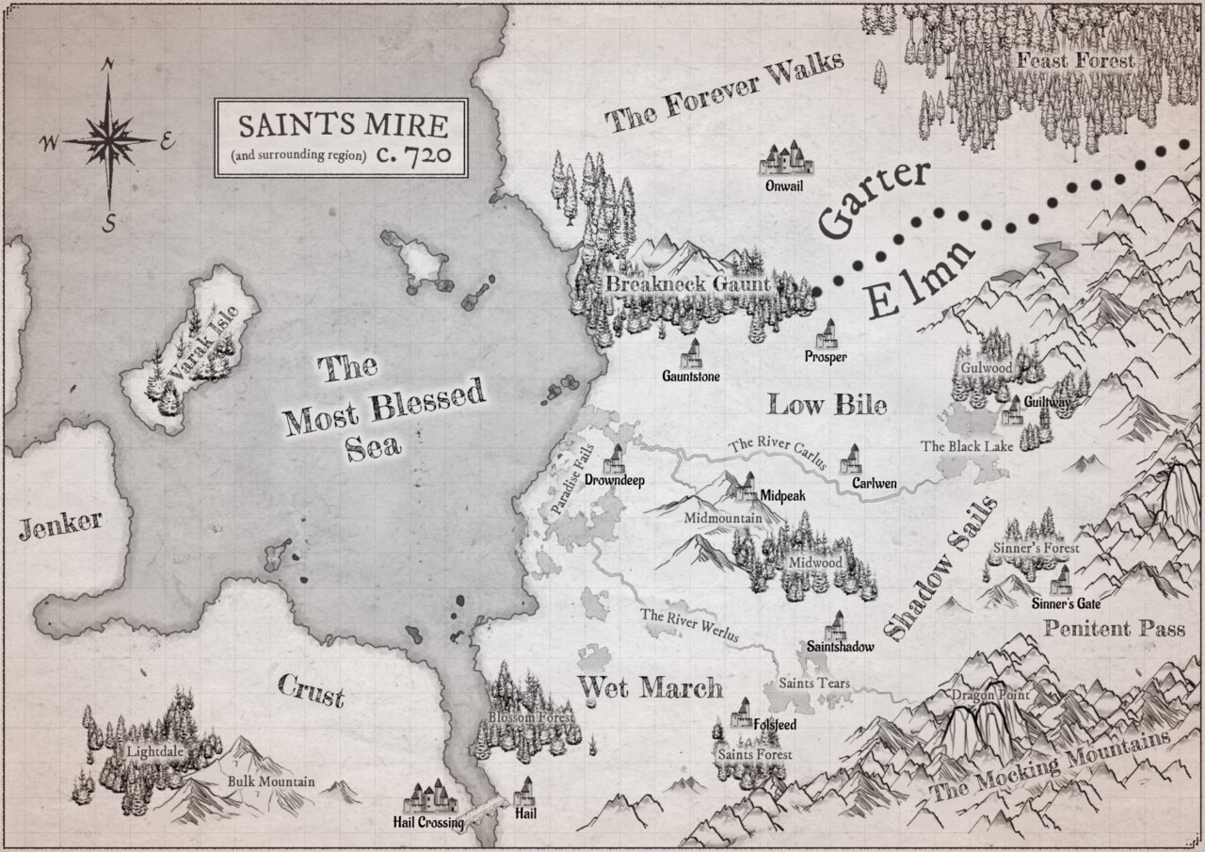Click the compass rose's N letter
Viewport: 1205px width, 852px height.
pyautogui.click(x=109, y=64)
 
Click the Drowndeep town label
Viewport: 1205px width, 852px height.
pyautogui.click(x=613, y=479)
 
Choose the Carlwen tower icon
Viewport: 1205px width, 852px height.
pyautogui.click(x=852, y=459)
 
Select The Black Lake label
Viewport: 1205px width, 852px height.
pyautogui.click(x=967, y=446)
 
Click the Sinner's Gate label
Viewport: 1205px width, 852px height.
pyautogui.click(x=1066, y=603)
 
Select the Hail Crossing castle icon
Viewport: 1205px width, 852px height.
pyautogui.click(x=428, y=800)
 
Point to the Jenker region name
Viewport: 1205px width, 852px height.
pyautogui.click(x=59, y=525)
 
